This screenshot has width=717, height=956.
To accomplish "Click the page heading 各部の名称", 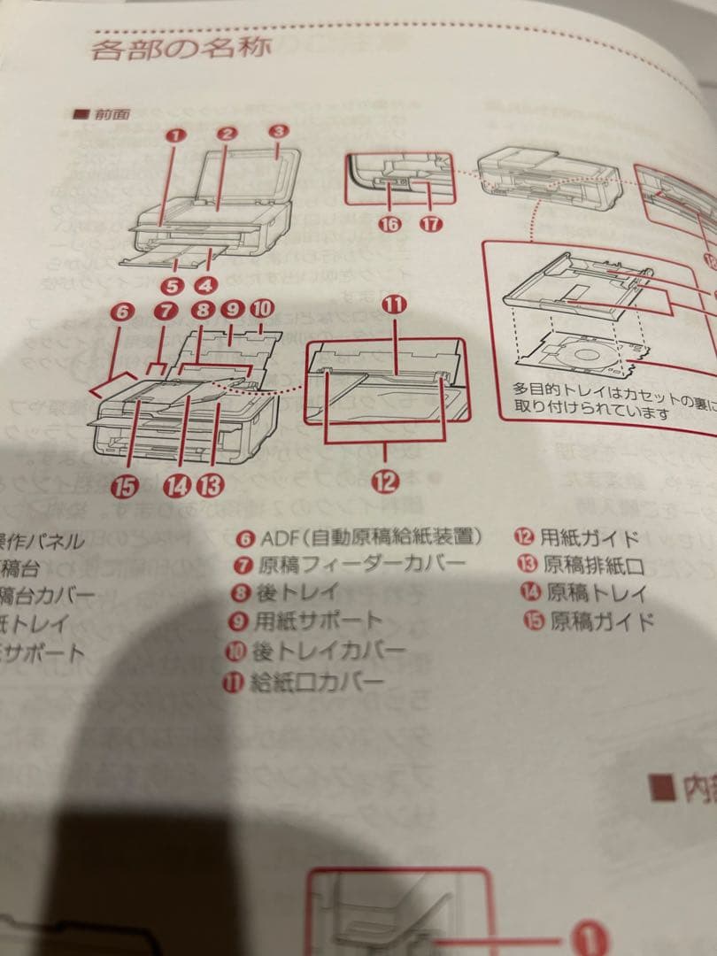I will (x=181, y=48).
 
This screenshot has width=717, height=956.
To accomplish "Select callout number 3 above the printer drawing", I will (x=279, y=131).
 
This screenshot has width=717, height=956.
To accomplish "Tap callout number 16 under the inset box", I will (x=389, y=223).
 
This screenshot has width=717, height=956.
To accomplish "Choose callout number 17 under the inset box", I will (x=430, y=223).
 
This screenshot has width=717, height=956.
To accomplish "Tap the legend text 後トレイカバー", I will (x=328, y=651).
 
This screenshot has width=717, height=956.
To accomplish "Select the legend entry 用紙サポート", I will (x=318, y=621).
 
